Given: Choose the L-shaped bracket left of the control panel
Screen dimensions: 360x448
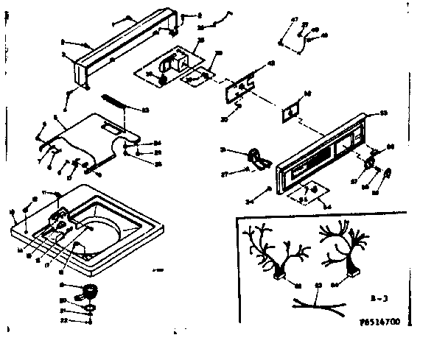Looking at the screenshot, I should (256, 156).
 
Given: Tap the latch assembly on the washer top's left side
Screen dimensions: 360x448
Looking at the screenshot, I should (59, 220).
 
